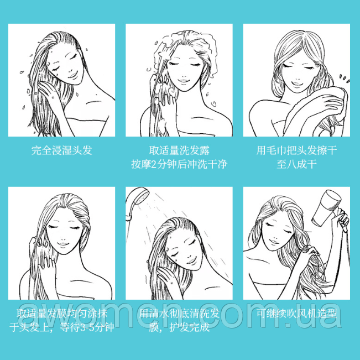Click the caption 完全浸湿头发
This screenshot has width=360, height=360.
(61, 150)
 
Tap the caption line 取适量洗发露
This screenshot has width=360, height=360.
(179, 150)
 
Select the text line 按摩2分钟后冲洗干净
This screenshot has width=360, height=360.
(179, 164)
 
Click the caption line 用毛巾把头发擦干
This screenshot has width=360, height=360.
(296, 150)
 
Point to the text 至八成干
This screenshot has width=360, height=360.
(296, 164)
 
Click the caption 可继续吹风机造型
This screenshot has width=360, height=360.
(296, 314)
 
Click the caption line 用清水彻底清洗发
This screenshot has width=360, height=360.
(179, 314)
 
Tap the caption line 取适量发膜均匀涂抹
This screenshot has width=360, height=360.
(61, 314)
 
